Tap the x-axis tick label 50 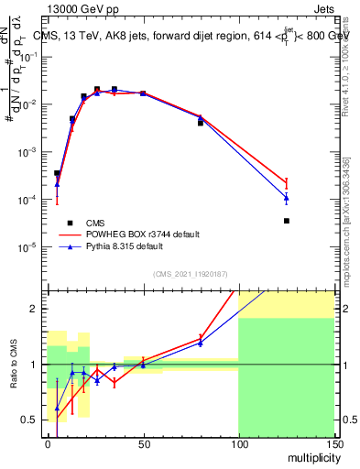click(142, 442)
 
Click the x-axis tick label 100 click(237, 442)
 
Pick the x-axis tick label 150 click(333, 442)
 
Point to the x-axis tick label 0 click(48, 442)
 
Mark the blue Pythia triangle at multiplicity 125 click(286, 198)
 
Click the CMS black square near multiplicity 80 click(200, 122)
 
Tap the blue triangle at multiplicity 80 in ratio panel click(200, 343)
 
